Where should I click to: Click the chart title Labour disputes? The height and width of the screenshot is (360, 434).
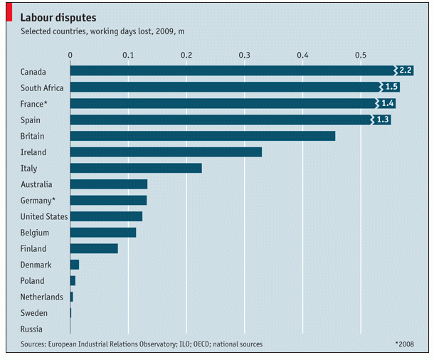tap(58, 16)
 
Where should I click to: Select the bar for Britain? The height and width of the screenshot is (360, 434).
tap(202, 136)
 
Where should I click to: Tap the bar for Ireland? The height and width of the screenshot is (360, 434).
tap(166, 152)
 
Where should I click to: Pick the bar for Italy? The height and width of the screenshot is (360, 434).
tap(136, 169)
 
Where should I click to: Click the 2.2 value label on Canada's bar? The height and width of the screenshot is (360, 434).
tap(406, 70)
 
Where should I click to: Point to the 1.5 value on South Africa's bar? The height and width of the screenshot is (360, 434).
tap(392, 87)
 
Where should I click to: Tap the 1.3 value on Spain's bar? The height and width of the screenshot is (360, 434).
tap(383, 120)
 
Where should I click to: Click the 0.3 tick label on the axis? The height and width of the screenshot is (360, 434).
tap(245, 55)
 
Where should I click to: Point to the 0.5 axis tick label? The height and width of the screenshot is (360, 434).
tap(361, 55)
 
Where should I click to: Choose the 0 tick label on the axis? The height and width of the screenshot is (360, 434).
tap(70, 55)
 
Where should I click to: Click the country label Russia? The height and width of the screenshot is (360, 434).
tap(32, 329)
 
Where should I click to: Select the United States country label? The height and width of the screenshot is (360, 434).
tap(43, 216)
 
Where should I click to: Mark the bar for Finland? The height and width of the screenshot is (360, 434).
tap(94, 249)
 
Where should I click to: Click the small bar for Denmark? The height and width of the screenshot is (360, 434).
tap(75, 265)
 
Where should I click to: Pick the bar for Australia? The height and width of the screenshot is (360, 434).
tap(108, 184)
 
